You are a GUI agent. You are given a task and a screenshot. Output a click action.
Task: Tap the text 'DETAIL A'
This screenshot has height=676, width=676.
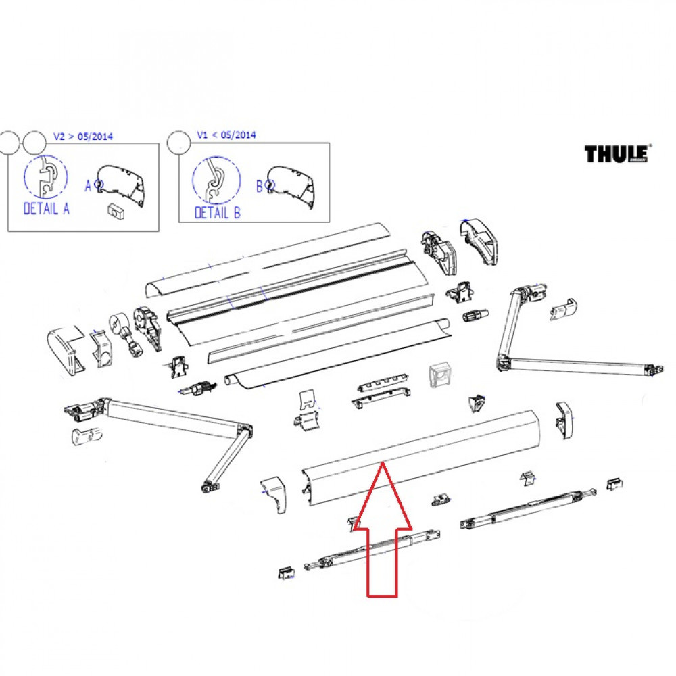[x=46, y=209]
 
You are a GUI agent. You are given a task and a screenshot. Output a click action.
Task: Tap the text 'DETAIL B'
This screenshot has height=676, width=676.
[x=217, y=213]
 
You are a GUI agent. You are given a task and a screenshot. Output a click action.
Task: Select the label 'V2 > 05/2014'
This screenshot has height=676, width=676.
[x=83, y=136]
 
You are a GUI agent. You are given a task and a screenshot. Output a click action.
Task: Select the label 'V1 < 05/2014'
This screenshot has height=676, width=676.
[x=226, y=135]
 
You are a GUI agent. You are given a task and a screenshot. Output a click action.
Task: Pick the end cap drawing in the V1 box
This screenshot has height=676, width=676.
[x=293, y=185]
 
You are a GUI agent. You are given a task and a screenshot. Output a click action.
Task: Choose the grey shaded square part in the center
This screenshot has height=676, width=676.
[x=440, y=372]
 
